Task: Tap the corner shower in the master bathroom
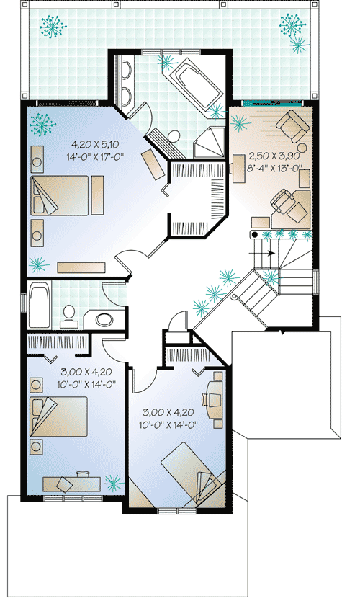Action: pyautogui.click(x=210, y=141)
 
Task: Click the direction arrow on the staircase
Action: pyautogui.click(x=269, y=253)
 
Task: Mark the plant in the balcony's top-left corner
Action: pyautogui.click(x=52, y=27)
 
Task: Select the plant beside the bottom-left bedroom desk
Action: pyautogui.click(x=112, y=481)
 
